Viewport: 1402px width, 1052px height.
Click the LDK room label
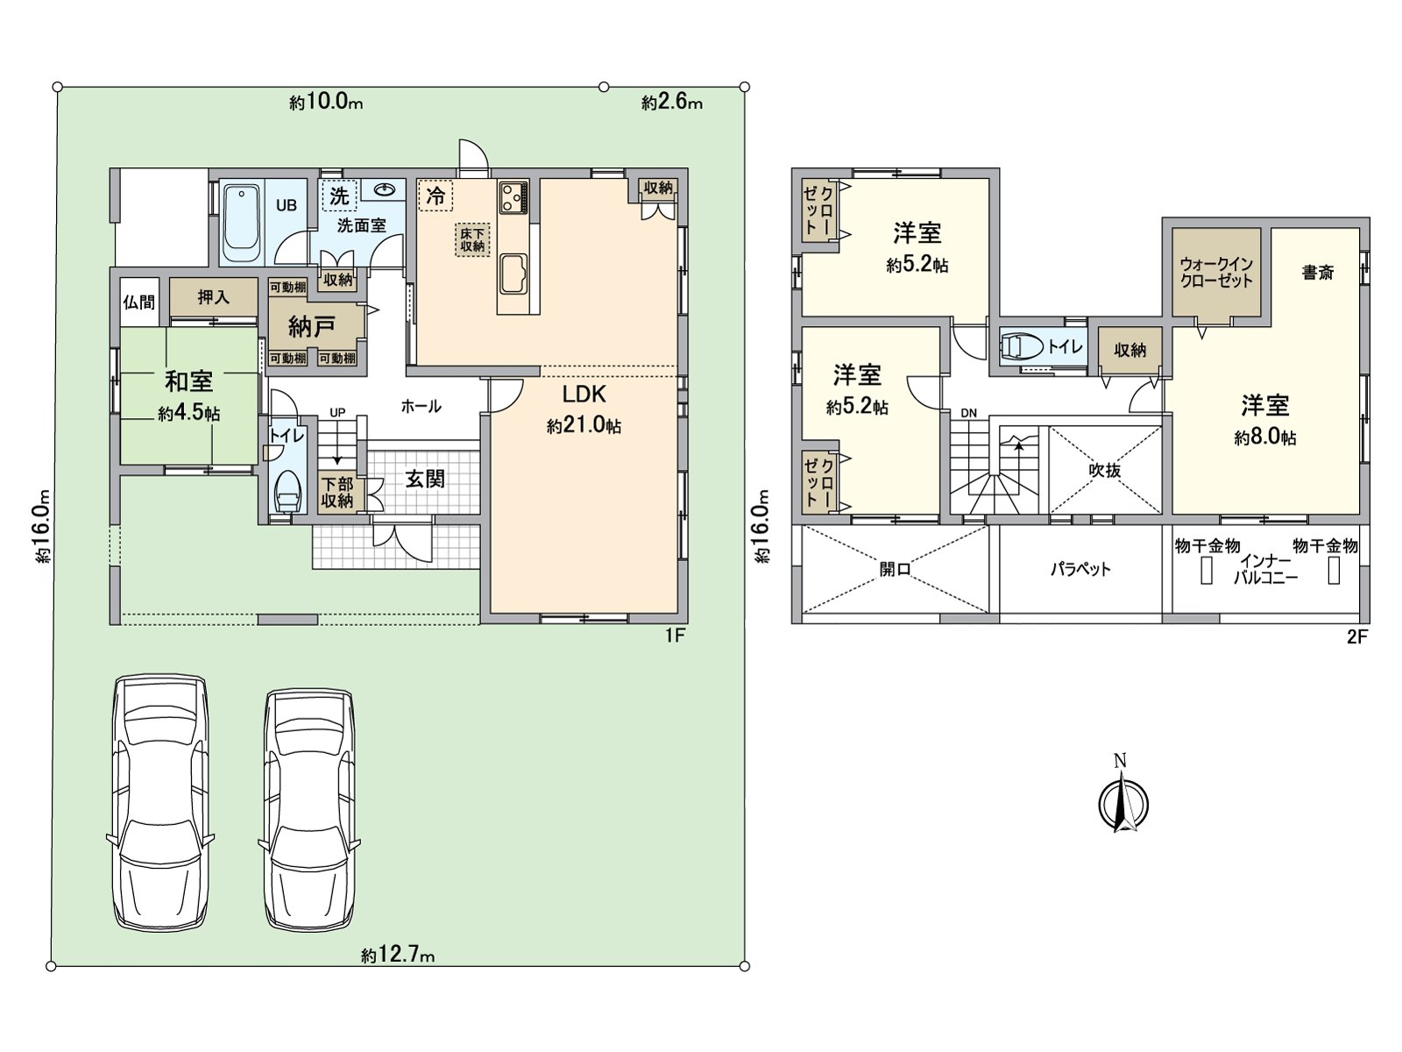pos(584,394)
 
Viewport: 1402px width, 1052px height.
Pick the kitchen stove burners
pos(513,196)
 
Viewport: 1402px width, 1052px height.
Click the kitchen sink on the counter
pos(513,275)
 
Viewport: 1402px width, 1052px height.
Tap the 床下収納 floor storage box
pos(471,240)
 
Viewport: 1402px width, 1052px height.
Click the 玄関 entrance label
pos(424,479)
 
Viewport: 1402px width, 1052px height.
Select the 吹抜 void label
pos(1105,471)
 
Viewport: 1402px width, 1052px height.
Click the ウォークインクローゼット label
pos(1216,272)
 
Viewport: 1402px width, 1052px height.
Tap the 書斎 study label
pos(1317,273)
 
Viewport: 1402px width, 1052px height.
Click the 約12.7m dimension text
pos(397,955)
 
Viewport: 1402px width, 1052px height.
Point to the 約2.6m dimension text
pos(671,103)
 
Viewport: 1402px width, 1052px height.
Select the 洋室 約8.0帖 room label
pos(1264,420)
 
